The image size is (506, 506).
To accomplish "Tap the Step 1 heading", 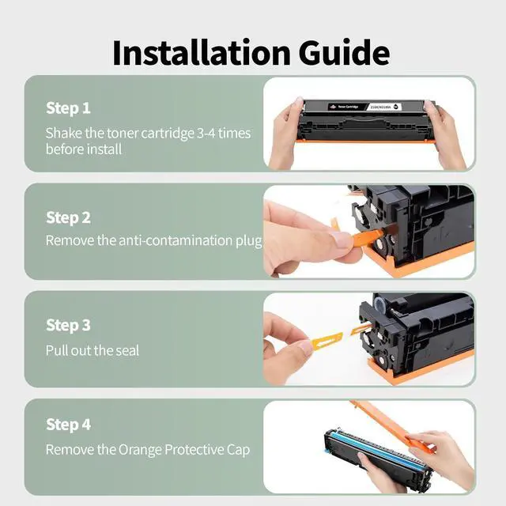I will [68, 108].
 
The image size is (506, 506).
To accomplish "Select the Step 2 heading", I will [68, 217].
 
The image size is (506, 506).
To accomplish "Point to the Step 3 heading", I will [68, 325].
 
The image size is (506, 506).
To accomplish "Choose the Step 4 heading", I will [68, 425].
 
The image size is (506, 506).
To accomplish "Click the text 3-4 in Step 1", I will [210, 133].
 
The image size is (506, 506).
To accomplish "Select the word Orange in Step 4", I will [141, 450].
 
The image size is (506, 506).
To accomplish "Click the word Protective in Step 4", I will [193, 450].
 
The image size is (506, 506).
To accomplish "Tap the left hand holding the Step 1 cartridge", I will [286, 134].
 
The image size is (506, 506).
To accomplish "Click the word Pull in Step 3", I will [57, 349].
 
